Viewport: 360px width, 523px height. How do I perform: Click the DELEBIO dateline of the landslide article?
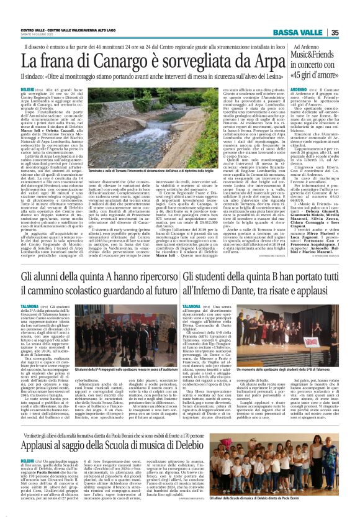30,90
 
